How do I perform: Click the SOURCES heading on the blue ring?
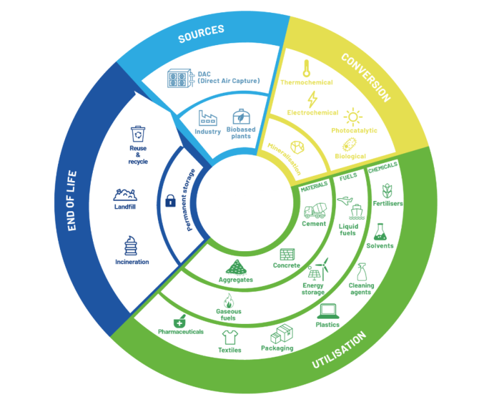click(x=201, y=33)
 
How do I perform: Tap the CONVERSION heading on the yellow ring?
click(x=366, y=78)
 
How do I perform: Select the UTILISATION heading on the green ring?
click(x=339, y=350)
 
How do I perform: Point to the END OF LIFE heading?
click(x=72, y=200)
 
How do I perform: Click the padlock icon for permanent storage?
click(x=170, y=201)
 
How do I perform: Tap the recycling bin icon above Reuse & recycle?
click(x=138, y=134)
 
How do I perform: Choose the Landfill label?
click(x=125, y=207)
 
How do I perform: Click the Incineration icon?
click(x=131, y=245)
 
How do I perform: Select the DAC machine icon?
click(x=181, y=78)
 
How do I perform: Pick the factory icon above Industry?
click(x=208, y=118)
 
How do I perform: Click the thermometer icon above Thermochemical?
click(x=306, y=68)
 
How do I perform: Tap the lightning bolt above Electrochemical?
click(x=312, y=99)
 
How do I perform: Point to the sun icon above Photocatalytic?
click(x=353, y=117)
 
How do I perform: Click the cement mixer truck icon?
click(x=315, y=210)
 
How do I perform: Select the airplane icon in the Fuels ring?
click(x=345, y=201)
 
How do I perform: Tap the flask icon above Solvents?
click(x=380, y=232)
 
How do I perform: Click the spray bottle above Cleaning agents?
click(x=362, y=272)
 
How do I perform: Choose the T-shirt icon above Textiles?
click(x=230, y=337)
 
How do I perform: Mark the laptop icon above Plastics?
click(x=328, y=311)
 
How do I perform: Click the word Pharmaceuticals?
click(x=181, y=332)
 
